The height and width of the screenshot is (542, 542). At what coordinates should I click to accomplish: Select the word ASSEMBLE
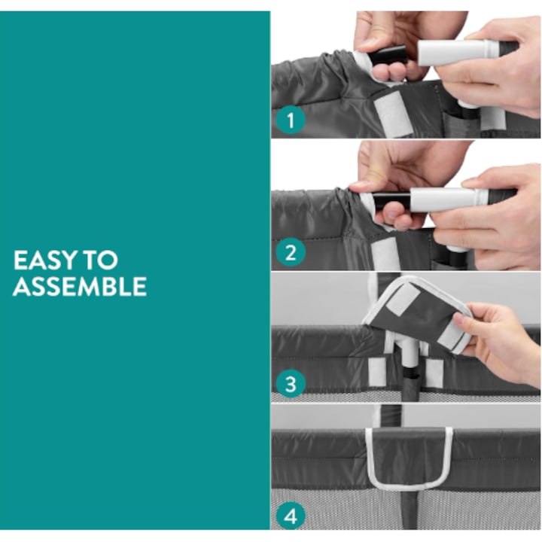pyautogui.click(x=80, y=286)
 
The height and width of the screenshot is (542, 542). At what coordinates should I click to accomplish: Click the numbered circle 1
pyautogui.click(x=291, y=120)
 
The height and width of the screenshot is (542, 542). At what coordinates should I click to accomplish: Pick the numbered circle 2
pyautogui.click(x=291, y=253)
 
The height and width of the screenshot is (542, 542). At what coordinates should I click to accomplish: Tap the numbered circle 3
pyautogui.click(x=291, y=384)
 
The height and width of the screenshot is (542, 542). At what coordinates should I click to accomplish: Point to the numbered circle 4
pyautogui.click(x=291, y=516)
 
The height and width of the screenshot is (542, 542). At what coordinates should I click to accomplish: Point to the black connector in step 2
pyautogui.click(x=392, y=202)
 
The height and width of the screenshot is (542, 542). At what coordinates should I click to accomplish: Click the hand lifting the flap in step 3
pyautogui.click(x=498, y=343)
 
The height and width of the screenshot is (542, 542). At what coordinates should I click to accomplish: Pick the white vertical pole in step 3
pyautogui.click(x=410, y=356)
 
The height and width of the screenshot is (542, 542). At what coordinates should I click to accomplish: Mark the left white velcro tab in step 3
pyautogui.click(x=377, y=371)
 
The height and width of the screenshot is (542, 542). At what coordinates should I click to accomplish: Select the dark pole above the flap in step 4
pyautogui.click(x=391, y=416)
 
